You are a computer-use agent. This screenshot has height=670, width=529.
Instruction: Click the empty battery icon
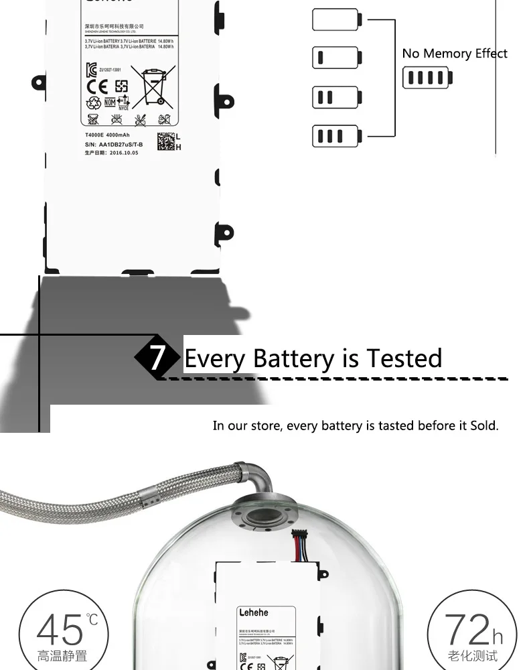pos(336,19)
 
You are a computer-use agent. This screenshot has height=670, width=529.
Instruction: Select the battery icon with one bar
pos(336,58)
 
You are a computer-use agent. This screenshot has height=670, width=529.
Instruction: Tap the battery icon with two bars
pos(336,97)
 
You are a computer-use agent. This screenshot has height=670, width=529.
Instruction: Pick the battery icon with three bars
pos(336,136)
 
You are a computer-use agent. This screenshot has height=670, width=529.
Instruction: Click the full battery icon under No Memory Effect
pos(427,78)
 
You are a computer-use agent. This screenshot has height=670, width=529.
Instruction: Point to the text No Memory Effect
pos(455,54)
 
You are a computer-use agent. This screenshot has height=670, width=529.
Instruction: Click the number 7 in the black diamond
pos(156,357)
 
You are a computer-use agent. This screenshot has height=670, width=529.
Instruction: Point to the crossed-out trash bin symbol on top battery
pos(153,87)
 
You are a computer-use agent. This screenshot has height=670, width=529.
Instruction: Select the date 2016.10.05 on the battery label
pos(124,153)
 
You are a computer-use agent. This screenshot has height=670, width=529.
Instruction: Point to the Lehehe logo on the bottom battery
pos(253,612)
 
